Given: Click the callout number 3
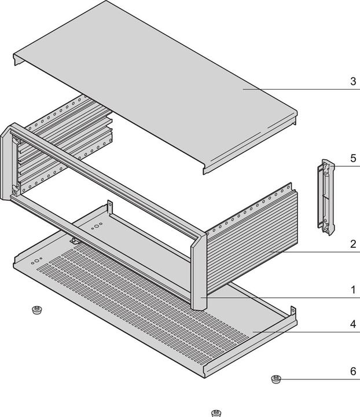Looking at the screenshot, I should (x=353, y=81).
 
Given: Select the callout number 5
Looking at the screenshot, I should (x=353, y=158).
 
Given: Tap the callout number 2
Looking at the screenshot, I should (x=353, y=244).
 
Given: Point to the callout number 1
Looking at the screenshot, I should (x=353, y=288).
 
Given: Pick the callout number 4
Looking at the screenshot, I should (x=353, y=324).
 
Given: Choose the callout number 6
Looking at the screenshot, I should (x=353, y=371).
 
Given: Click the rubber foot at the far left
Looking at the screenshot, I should (x=37, y=310).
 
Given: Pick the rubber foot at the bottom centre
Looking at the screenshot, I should (x=215, y=413).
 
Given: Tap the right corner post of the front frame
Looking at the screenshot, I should (x=197, y=269).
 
